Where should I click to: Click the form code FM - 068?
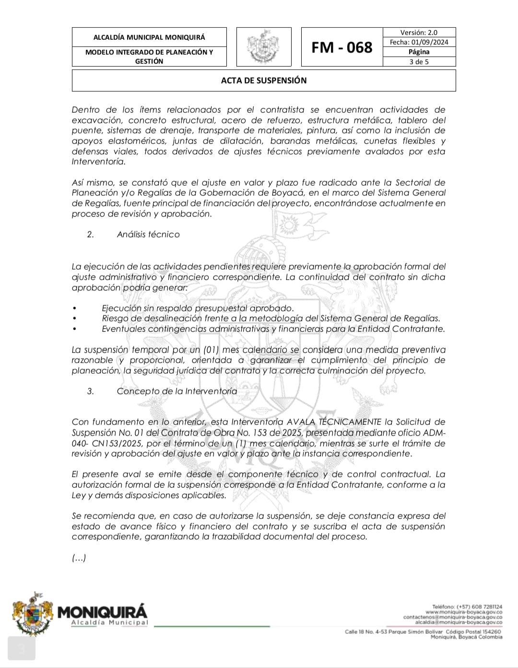coord(341,47)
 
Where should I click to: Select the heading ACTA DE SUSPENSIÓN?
coord(264,81)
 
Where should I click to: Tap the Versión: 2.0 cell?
coord(419,33)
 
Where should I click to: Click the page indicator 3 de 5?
coord(419,61)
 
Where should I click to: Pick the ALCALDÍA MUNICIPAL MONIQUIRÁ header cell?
coord(149,37)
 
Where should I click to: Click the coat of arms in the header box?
coord(263,47)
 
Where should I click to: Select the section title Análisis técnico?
coord(148,234)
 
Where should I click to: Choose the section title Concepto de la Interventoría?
coord(177,391)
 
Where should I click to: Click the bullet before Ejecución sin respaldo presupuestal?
coord(74,308)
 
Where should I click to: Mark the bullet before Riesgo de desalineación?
coord(74,318)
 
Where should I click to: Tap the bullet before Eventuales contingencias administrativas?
coord(74,329)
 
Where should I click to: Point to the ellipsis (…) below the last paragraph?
coord(79,558)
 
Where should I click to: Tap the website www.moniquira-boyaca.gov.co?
coord(463,612)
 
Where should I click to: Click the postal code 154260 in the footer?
coord(490,632)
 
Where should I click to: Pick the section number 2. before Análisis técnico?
coord(90,234)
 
